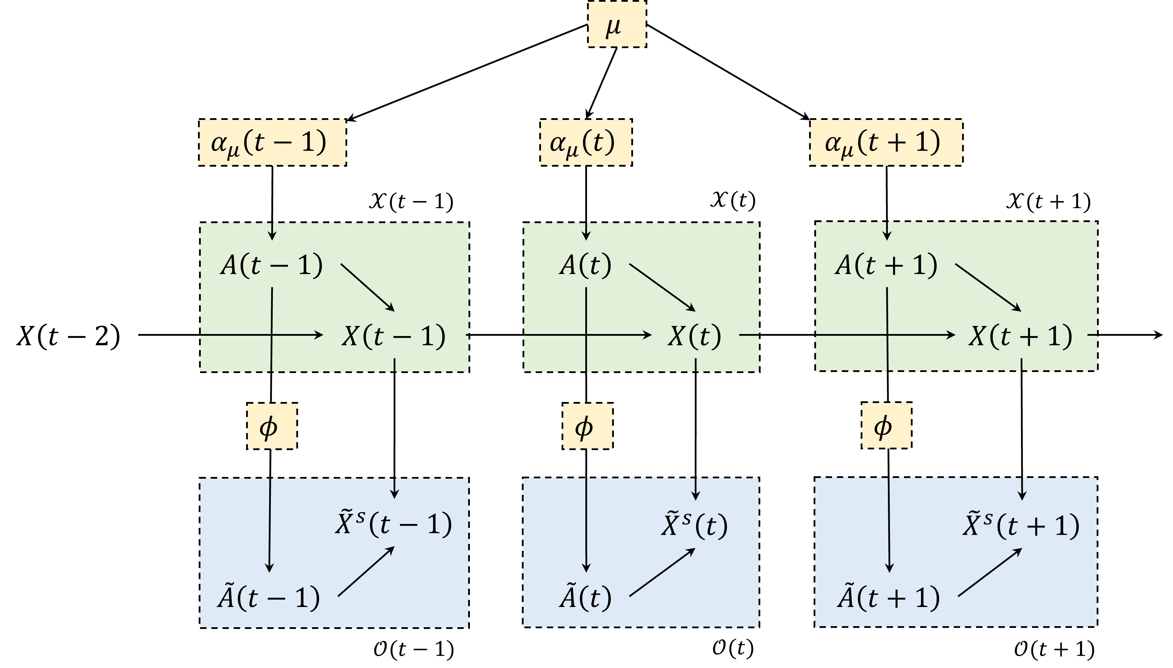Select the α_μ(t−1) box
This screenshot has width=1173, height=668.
pyautogui.click(x=272, y=142)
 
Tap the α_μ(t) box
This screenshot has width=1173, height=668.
pyautogui.click(x=585, y=142)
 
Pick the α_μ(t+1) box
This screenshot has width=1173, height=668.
pyautogui.click(x=886, y=142)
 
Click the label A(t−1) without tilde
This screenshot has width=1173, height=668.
pyautogui.click(x=272, y=265)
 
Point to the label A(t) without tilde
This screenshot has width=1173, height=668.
pyautogui.click(x=585, y=265)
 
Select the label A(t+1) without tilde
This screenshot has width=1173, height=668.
pyautogui.click(x=886, y=265)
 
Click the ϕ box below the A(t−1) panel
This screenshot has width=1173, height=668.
pyautogui.click(x=272, y=427)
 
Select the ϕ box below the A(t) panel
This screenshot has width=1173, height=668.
pyautogui.click(x=587, y=427)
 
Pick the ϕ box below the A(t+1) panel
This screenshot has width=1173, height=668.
pyautogui.click(x=886, y=427)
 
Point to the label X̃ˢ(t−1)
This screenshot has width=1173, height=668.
pyautogui.click(x=394, y=524)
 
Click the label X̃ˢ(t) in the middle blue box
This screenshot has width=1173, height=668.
pyautogui.click(x=694, y=525)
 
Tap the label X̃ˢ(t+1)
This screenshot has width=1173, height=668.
pyautogui.click(x=1021, y=525)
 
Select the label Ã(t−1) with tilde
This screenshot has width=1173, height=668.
pyautogui.click(x=269, y=597)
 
